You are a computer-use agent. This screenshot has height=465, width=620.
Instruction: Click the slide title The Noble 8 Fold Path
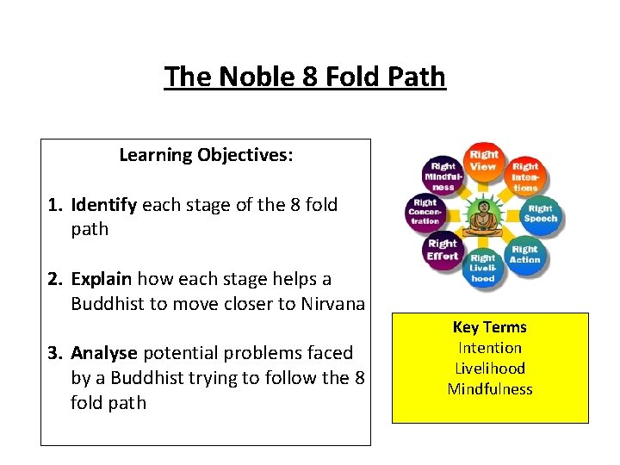[x=305, y=77]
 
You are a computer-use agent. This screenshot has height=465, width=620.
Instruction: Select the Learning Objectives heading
[x=206, y=155]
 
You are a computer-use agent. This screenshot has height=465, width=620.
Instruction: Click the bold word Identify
[x=104, y=205]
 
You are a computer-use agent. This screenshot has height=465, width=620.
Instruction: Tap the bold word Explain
[x=102, y=279]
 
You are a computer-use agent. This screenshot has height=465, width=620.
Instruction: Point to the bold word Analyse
[x=104, y=353]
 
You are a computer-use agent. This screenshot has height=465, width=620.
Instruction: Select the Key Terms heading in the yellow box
[x=489, y=327]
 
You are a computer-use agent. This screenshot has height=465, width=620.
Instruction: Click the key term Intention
[x=489, y=348]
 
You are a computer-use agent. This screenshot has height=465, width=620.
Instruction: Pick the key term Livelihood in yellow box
[x=489, y=369]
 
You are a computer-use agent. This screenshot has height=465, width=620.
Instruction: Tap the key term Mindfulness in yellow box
[x=489, y=389]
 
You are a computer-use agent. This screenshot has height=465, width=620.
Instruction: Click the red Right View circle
[x=483, y=161]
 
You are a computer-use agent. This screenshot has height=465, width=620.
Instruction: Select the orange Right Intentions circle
[x=524, y=176]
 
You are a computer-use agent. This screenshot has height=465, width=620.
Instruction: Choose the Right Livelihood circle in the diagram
[x=483, y=267]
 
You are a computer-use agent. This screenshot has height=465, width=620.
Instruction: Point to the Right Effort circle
[x=443, y=250]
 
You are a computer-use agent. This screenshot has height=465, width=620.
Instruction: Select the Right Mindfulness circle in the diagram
[x=443, y=176]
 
